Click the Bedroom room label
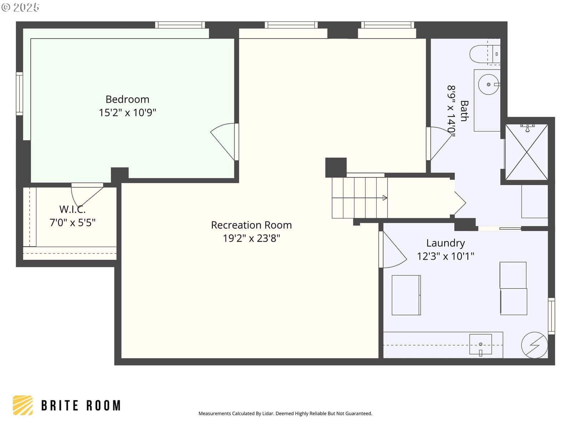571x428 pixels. tap(127, 99)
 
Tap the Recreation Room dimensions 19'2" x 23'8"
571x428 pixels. tap(251, 238)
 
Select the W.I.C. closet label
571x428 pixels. tap(72, 209)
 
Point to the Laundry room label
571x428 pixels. tap(445, 243)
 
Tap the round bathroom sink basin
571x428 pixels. tap(489, 85)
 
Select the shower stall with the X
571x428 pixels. tap(526, 152)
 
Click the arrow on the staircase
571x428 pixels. tap(359, 198)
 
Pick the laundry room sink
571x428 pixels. tap(480, 345)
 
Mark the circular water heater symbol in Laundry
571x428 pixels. tap(534, 345)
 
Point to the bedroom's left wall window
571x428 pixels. tap(20, 93)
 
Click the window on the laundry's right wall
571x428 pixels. tap(551, 316)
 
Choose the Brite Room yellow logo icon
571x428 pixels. tap(23, 406)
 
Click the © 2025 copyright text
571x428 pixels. tap(20, 7)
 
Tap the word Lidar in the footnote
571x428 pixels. tap(267, 413)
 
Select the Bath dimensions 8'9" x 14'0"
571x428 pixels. tap(451, 111)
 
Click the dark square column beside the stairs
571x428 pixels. tap(336, 168)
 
